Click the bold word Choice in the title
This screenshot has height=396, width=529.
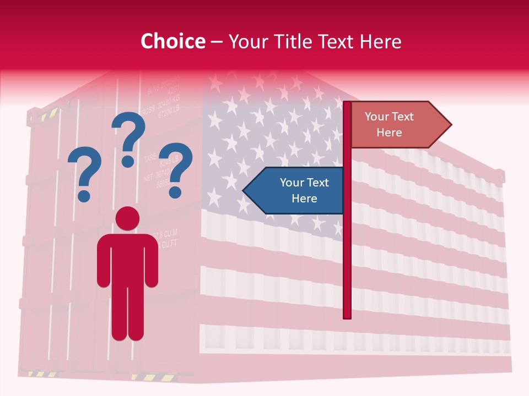pyautogui.click(x=172, y=41)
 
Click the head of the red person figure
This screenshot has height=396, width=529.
pyautogui.click(x=127, y=218)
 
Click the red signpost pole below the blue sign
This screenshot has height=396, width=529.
pyautogui.click(x=347, y=264)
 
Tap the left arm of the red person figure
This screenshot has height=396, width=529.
pyautogui.click(x=104, y=261)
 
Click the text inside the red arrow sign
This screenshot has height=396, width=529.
pyautogui.click(x=389, y=124)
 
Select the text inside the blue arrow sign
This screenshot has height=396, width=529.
pyautogui.click(x=304, y=190)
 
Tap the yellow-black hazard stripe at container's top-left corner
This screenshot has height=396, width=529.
pyautogui.click(x=48, y=114)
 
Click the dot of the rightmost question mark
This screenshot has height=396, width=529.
pyautogui.click(x=175, y=193)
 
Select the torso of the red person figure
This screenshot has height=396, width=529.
pyautogui.click(x=127, y=258)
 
